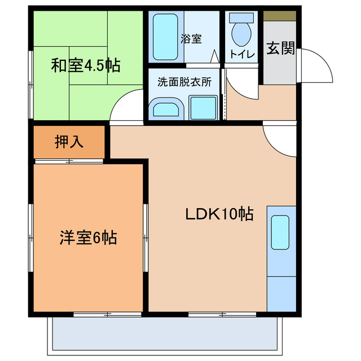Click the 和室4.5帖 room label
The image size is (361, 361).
(x=86, y=66)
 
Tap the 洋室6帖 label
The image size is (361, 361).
(x=88, y=237)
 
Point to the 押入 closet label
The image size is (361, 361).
(x=69, y=142)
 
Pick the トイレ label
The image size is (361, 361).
(x=242, y=55)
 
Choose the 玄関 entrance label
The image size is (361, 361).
(x=280, y=49)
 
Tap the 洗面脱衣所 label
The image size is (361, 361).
(x=184, y=82)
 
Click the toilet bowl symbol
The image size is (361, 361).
(x=243, y=33)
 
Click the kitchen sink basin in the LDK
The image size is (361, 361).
(x=280, y=232)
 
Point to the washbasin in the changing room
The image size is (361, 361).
(x=166, y=108)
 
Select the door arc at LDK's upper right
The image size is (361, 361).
(x=279, y=137)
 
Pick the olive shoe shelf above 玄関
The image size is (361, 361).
(x=280, y=16)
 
